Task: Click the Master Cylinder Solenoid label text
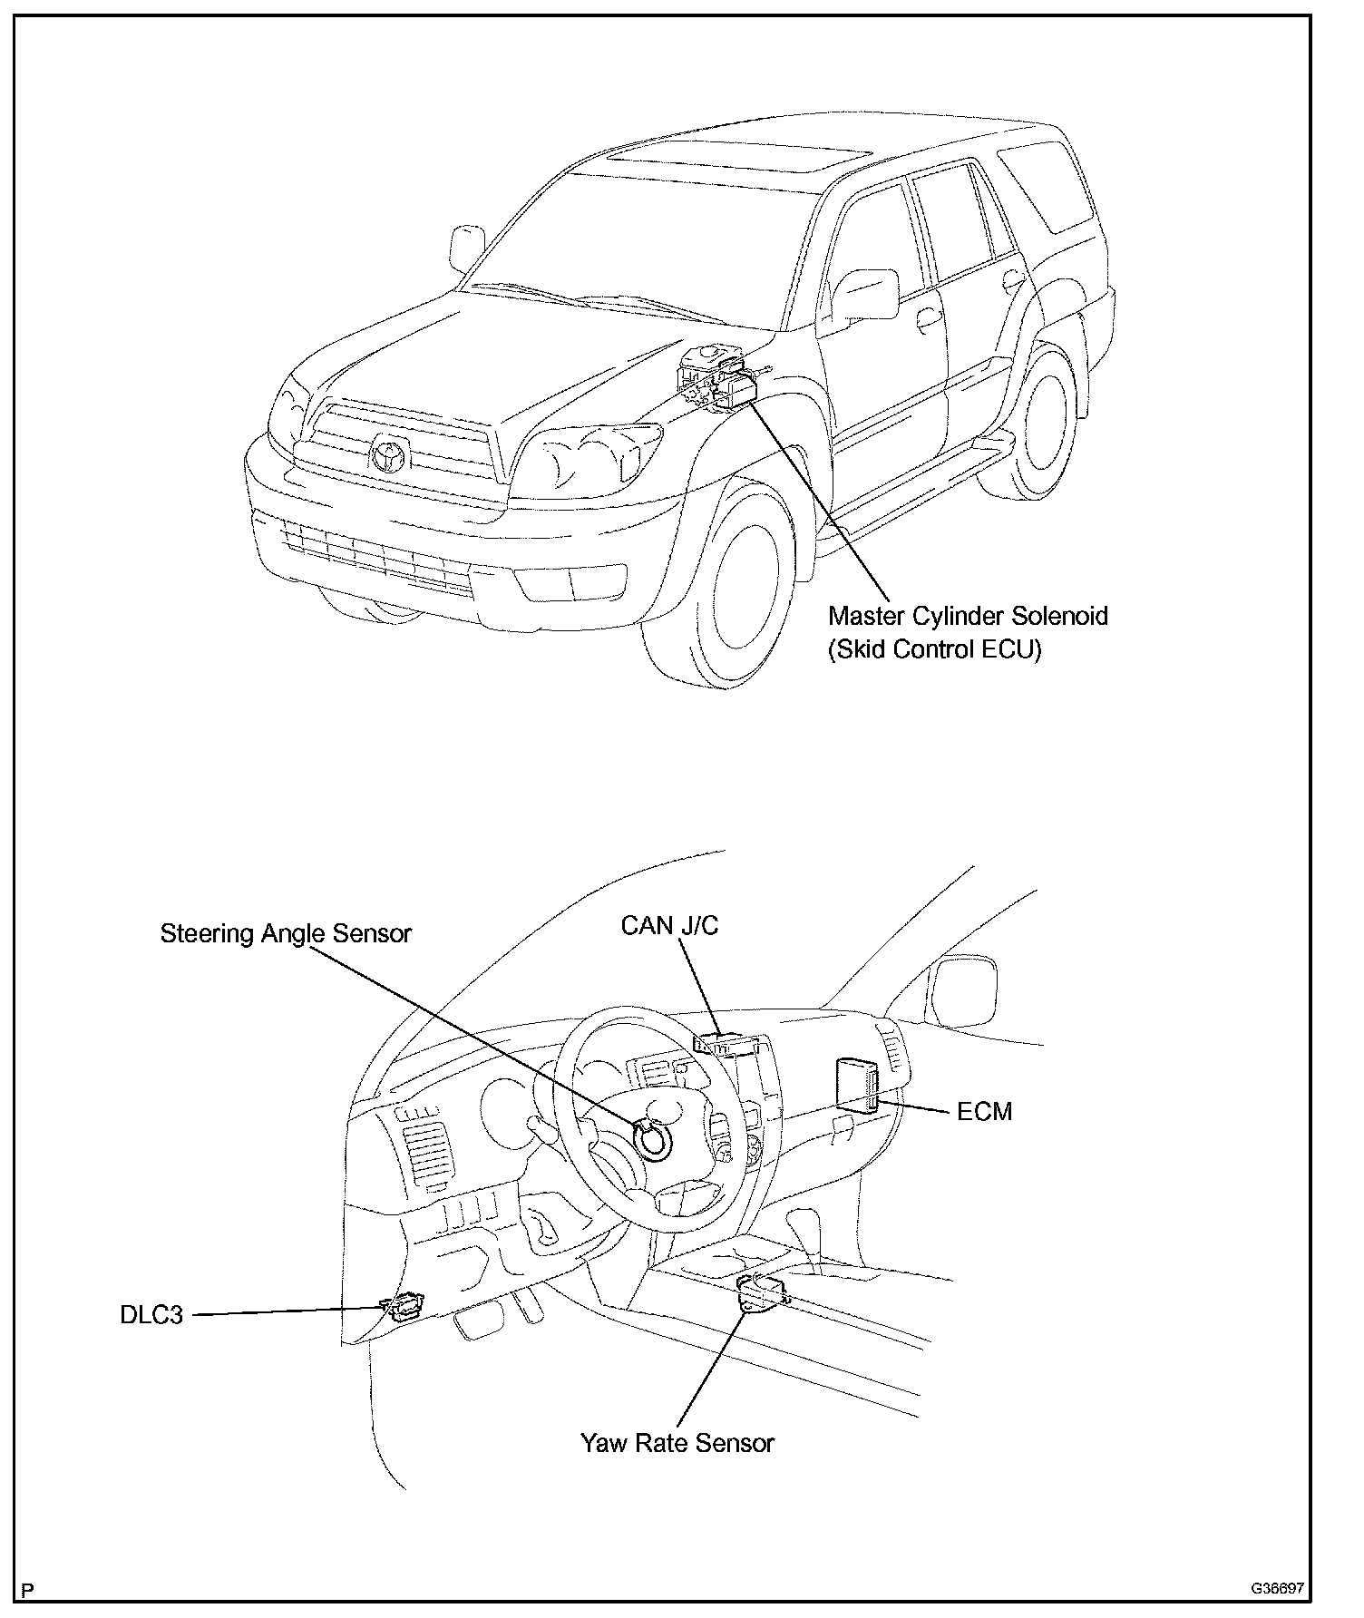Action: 968,617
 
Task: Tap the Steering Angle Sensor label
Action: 286,933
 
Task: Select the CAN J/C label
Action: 669,925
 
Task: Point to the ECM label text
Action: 984,1111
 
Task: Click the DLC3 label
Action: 151,1314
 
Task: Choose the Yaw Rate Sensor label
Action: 677,1443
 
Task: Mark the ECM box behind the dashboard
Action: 857,1083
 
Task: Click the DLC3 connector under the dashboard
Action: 403,1307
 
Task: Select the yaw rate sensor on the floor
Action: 760,1291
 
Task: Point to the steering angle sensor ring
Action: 652,1139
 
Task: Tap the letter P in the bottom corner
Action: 28,1590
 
